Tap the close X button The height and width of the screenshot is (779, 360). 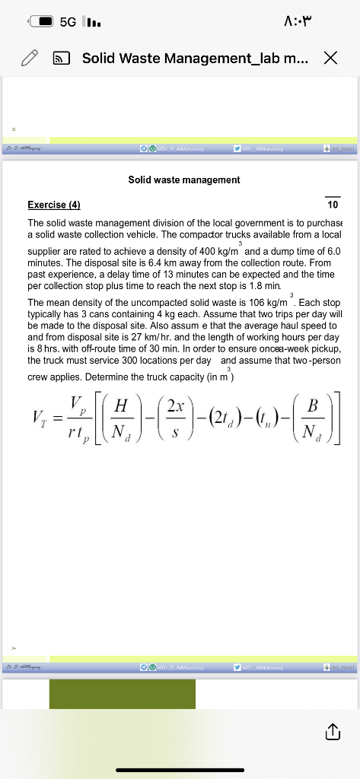click(x=330, y=57)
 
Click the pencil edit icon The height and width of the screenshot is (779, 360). click(x=30, y=58)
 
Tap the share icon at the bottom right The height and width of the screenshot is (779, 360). click(x=331, y=732)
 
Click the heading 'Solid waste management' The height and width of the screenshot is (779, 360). click(x=184, y=180)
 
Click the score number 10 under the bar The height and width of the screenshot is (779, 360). click(x=332, y=205)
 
